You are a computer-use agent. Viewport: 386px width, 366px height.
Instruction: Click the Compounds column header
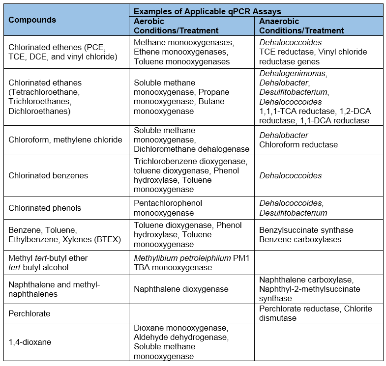[x=32, y=20]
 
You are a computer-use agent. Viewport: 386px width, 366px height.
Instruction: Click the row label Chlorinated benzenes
[x=48, y=175]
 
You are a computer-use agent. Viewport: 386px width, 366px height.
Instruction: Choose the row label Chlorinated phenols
[x=44, y=208]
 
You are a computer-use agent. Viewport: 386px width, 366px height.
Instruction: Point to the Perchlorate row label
[x=30, y=313]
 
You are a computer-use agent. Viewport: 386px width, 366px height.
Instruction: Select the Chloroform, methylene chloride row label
[x=65, y=140]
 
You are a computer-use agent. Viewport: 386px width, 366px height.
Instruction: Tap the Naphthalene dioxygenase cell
[x=181, y=289]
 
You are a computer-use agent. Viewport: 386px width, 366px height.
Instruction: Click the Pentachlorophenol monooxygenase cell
[x=168, y=208]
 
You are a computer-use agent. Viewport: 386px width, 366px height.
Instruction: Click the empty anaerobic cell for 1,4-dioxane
[x=319, y=342]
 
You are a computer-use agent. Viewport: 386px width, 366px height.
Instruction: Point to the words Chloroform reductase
[x=298, y=144]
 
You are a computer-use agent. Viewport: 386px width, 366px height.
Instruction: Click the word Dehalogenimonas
[x=293, y=73]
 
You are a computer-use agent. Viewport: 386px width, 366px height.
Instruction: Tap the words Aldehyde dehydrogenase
[x=181, y=338]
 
